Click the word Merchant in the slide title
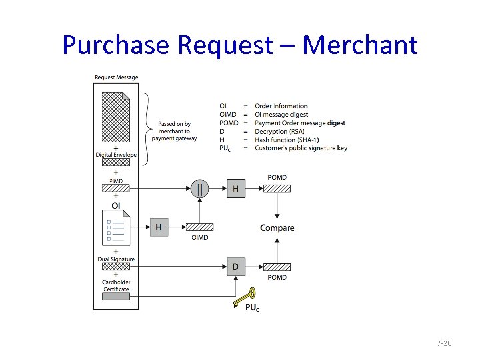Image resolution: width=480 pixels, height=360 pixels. (x=360, y=45)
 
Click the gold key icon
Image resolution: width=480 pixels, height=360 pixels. (x=245, y=298)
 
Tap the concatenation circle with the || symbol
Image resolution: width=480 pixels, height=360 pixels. (x=200, y=189)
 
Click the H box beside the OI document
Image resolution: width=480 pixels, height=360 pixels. (x=159, y=227)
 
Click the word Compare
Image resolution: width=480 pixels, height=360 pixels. (x=277, y=228)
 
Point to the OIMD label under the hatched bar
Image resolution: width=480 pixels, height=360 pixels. (x=199, y=238)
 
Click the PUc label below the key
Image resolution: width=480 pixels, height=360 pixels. (x=253, y=308)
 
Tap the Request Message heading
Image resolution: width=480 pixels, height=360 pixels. (x=117, y=77)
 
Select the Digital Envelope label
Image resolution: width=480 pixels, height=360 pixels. (x=116, y=155)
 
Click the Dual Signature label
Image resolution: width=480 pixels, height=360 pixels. (x=116, y=259)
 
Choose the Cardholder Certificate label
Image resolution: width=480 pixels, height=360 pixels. (x=116, y=285)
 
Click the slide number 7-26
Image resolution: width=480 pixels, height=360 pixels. (x=444, y=343)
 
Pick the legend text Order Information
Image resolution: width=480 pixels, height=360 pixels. (x=281, y=106)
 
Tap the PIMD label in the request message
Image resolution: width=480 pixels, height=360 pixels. (x=116, y=181)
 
